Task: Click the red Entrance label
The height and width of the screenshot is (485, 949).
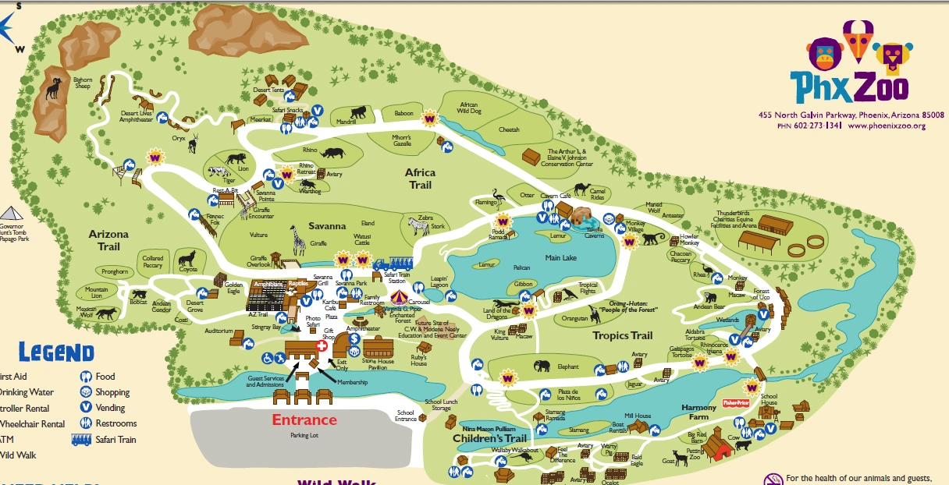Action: point(304,420)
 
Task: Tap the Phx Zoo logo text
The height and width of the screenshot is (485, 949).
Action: point(848,87)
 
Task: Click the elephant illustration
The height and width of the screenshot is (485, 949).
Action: point(542,366)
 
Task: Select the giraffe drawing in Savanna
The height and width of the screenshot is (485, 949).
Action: point(297,240)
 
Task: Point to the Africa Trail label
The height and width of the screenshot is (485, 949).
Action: point(419,179)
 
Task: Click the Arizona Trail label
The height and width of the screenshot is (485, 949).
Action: point(108,240)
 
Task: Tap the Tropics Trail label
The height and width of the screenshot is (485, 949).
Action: point(622,335)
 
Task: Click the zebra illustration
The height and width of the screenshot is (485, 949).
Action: point(419,226)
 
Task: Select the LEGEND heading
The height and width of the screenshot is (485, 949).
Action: point(56,352)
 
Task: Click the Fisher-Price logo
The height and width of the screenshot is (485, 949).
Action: point(737,404)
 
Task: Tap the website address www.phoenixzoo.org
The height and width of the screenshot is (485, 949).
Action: point(891,126)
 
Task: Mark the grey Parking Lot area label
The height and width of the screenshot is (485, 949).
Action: point(304,435)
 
